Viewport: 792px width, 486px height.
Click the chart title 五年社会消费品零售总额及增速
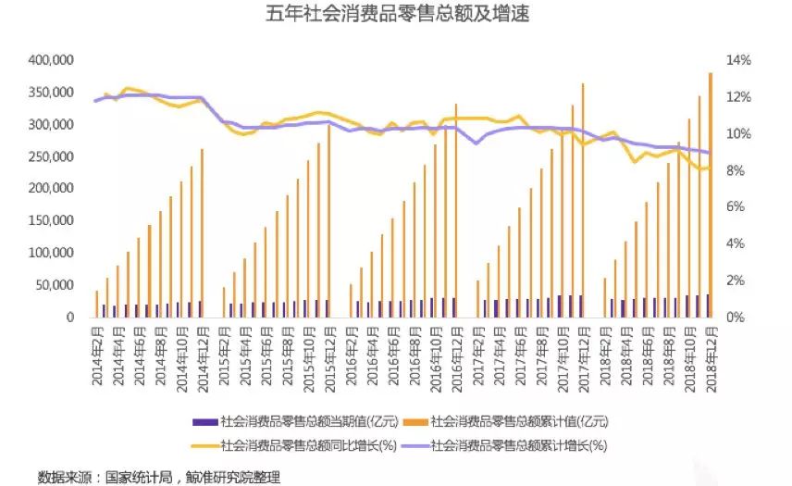tap(397, 16)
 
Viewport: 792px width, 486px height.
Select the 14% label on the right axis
tap(740, 60)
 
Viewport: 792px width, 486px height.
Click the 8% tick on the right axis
tap(737, 170)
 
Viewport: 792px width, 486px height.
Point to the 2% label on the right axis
tap(737, 280)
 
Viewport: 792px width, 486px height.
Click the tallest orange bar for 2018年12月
tap(710, 194)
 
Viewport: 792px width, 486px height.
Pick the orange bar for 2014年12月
tap(202, 232)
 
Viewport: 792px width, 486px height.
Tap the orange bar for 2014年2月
tap(96, 304)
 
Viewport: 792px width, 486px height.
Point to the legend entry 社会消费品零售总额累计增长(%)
tap(518, 444)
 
